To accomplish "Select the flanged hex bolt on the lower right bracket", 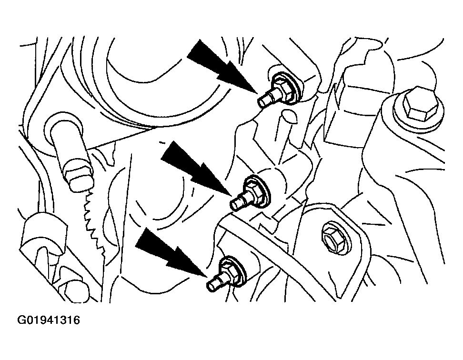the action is tap(336, 236).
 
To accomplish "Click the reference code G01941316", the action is tap(49, 320).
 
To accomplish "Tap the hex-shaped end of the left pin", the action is tap(81, 179).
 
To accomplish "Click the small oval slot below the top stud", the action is tap(289, 116).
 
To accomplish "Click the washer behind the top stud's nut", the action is tap(292, 89).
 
